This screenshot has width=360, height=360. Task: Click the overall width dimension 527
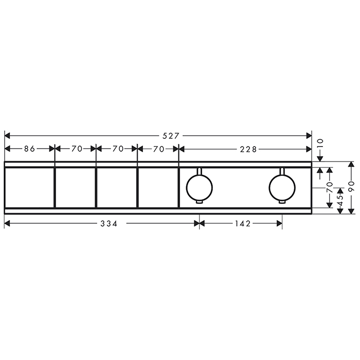pyautogui.click(x=170, y=136)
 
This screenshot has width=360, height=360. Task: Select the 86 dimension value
pyautogui.click(x=29, y=149)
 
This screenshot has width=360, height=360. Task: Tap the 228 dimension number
pyautogui.click(x=248, y=150)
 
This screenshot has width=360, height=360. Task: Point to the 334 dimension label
pyautogui.click(x=109, y=223)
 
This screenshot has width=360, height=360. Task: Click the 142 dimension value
pyautogui.click(x=242, y=223)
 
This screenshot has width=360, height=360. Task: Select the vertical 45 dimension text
pyautogui.click(x=340, y=200)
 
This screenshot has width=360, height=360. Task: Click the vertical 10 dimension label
pyautogui.click(x=320, y=143)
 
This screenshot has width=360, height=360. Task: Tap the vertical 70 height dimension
pyautogui.click(x=330, y=187)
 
